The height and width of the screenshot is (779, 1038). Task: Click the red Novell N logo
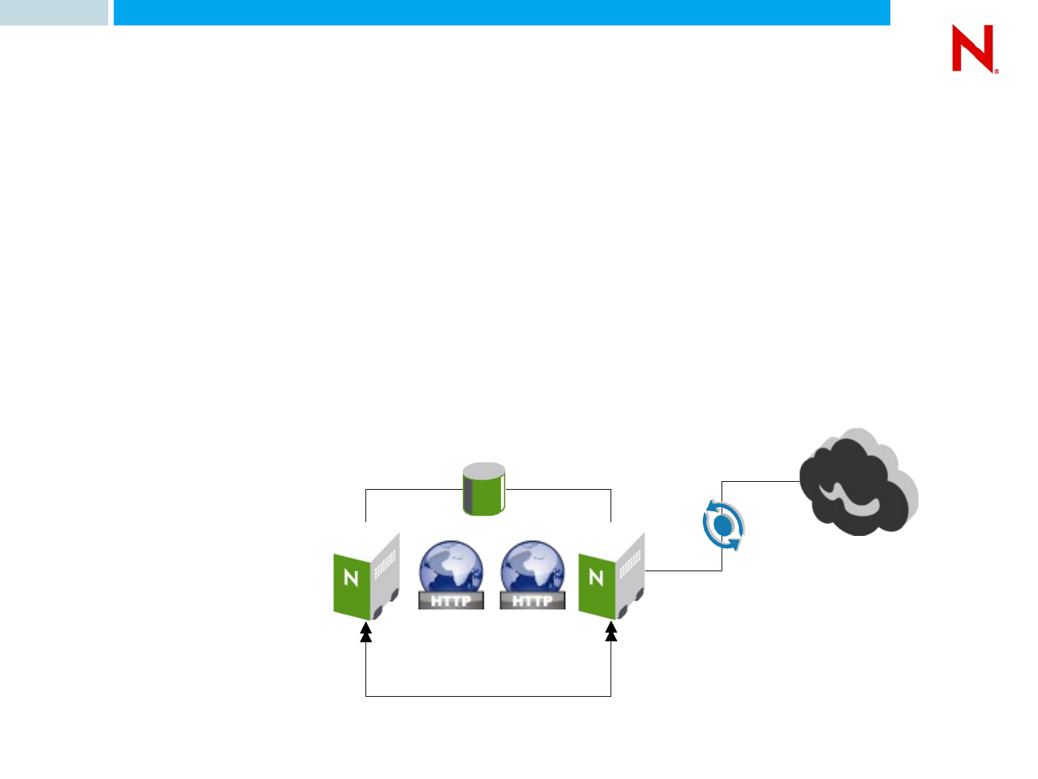pos(973,48)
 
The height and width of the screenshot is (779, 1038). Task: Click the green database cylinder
pos(484,490)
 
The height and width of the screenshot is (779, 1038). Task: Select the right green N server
pos(611,578)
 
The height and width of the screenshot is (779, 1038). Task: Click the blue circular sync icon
pos(722,526)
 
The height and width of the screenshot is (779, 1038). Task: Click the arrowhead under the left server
pos(366,633)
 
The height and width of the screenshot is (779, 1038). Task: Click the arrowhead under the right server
pos(611,633)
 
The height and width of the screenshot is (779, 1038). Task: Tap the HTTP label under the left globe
pos(451,600)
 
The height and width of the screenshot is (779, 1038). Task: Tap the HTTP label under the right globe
pos(532,600)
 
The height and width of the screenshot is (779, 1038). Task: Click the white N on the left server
pos(351,578)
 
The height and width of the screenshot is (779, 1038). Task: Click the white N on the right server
pos(596,577)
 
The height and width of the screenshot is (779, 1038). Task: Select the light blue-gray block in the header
pos(53,12)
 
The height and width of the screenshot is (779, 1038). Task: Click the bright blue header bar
pos(502,12)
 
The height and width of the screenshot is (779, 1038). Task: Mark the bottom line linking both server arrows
pos(489,696)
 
